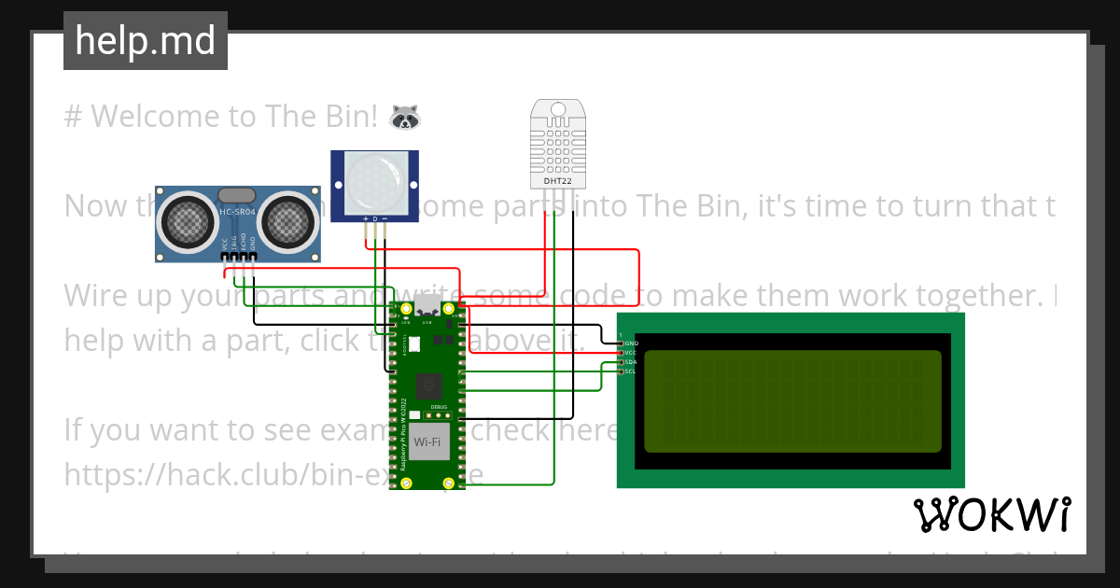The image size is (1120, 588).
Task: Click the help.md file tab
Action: [145, 41]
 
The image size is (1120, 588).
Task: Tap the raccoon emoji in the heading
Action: [404, 117]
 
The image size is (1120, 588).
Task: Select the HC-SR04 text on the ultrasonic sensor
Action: [237, 213]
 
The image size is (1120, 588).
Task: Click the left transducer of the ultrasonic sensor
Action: [187, 220]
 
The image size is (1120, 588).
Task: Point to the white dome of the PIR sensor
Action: [374, 181]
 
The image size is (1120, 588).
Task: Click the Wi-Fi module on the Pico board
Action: [427, 441]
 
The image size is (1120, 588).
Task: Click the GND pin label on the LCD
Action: [631, 343]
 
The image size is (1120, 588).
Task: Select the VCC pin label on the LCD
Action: [631, 353]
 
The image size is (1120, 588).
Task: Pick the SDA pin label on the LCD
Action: [631, 362]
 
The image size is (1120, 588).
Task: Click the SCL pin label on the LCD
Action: [631, 371]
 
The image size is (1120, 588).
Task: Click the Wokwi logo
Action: [991, 514]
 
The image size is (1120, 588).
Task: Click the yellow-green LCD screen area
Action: [792, 400]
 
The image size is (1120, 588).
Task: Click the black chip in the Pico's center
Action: [429, 383]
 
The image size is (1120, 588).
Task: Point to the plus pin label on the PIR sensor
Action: [365, 219]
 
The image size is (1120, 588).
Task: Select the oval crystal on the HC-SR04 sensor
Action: [237, 194]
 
